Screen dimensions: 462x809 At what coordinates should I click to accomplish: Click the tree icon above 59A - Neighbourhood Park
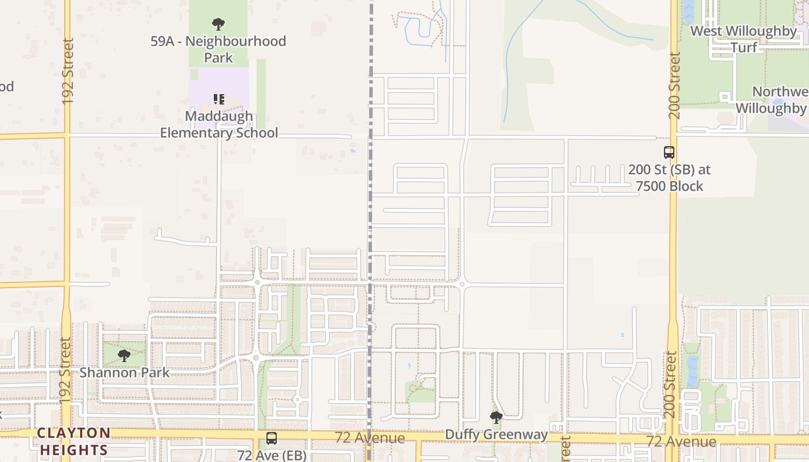218,24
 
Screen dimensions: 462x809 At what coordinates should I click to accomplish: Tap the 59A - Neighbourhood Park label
218,49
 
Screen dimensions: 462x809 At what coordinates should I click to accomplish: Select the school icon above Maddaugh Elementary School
218,99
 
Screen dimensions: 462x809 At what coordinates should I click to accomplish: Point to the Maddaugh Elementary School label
219,124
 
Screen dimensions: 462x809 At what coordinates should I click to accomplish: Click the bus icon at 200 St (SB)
669,152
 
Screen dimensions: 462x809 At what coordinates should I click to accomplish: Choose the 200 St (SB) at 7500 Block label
669,178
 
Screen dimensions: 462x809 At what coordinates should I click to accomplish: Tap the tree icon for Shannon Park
124,355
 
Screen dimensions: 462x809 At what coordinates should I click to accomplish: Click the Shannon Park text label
125,372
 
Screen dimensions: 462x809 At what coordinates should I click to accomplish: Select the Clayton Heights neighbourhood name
73,441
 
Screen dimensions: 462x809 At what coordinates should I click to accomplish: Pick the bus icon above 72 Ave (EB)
271,438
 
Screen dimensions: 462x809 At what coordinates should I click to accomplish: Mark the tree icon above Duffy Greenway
496,417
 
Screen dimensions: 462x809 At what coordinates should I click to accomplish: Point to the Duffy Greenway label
496,434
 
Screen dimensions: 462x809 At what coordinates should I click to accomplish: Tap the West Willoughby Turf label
744,39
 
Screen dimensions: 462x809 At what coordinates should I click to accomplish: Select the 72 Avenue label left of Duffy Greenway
370,438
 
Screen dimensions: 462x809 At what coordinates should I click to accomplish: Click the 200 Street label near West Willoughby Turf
675,85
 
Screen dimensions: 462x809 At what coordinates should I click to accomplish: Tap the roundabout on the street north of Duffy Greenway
462,284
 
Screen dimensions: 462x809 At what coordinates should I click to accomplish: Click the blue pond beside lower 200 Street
692,371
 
